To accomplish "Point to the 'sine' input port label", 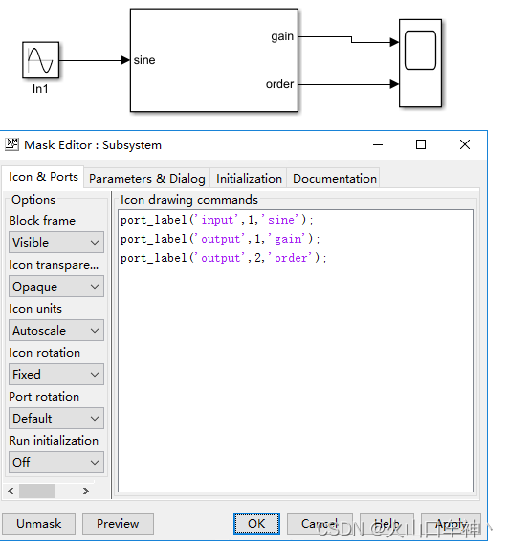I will coord(144,60).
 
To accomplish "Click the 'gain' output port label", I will coord(282,36).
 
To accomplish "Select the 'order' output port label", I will coord(279,84).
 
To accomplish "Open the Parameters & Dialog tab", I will coord(147,178).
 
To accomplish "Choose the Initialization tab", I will coord(249,178).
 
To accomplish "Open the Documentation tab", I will coord(335,178).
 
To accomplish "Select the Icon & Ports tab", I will coord(44,177).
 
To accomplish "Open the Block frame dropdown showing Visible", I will coord(55,243).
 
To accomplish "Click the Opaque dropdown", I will coord(55,287).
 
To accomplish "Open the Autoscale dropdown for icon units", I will coord(55,331).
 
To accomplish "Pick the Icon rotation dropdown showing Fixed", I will coord(55,375).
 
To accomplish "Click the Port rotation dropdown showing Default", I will coord(55,419).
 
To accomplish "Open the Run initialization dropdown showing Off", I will coord(55,463).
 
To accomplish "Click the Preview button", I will coord(118,524).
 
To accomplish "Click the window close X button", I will coord(465,145).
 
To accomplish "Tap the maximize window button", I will coord(421,145).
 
